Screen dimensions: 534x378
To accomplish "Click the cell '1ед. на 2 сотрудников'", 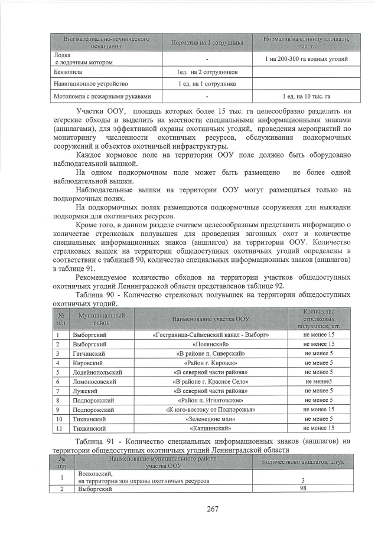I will (x=207, y=72).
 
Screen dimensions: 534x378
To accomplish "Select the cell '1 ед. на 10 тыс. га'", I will (x=307, y=96).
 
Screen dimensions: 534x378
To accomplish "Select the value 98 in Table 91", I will (x=303, y=488).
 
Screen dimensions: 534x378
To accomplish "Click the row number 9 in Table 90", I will (x=60, y=409).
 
